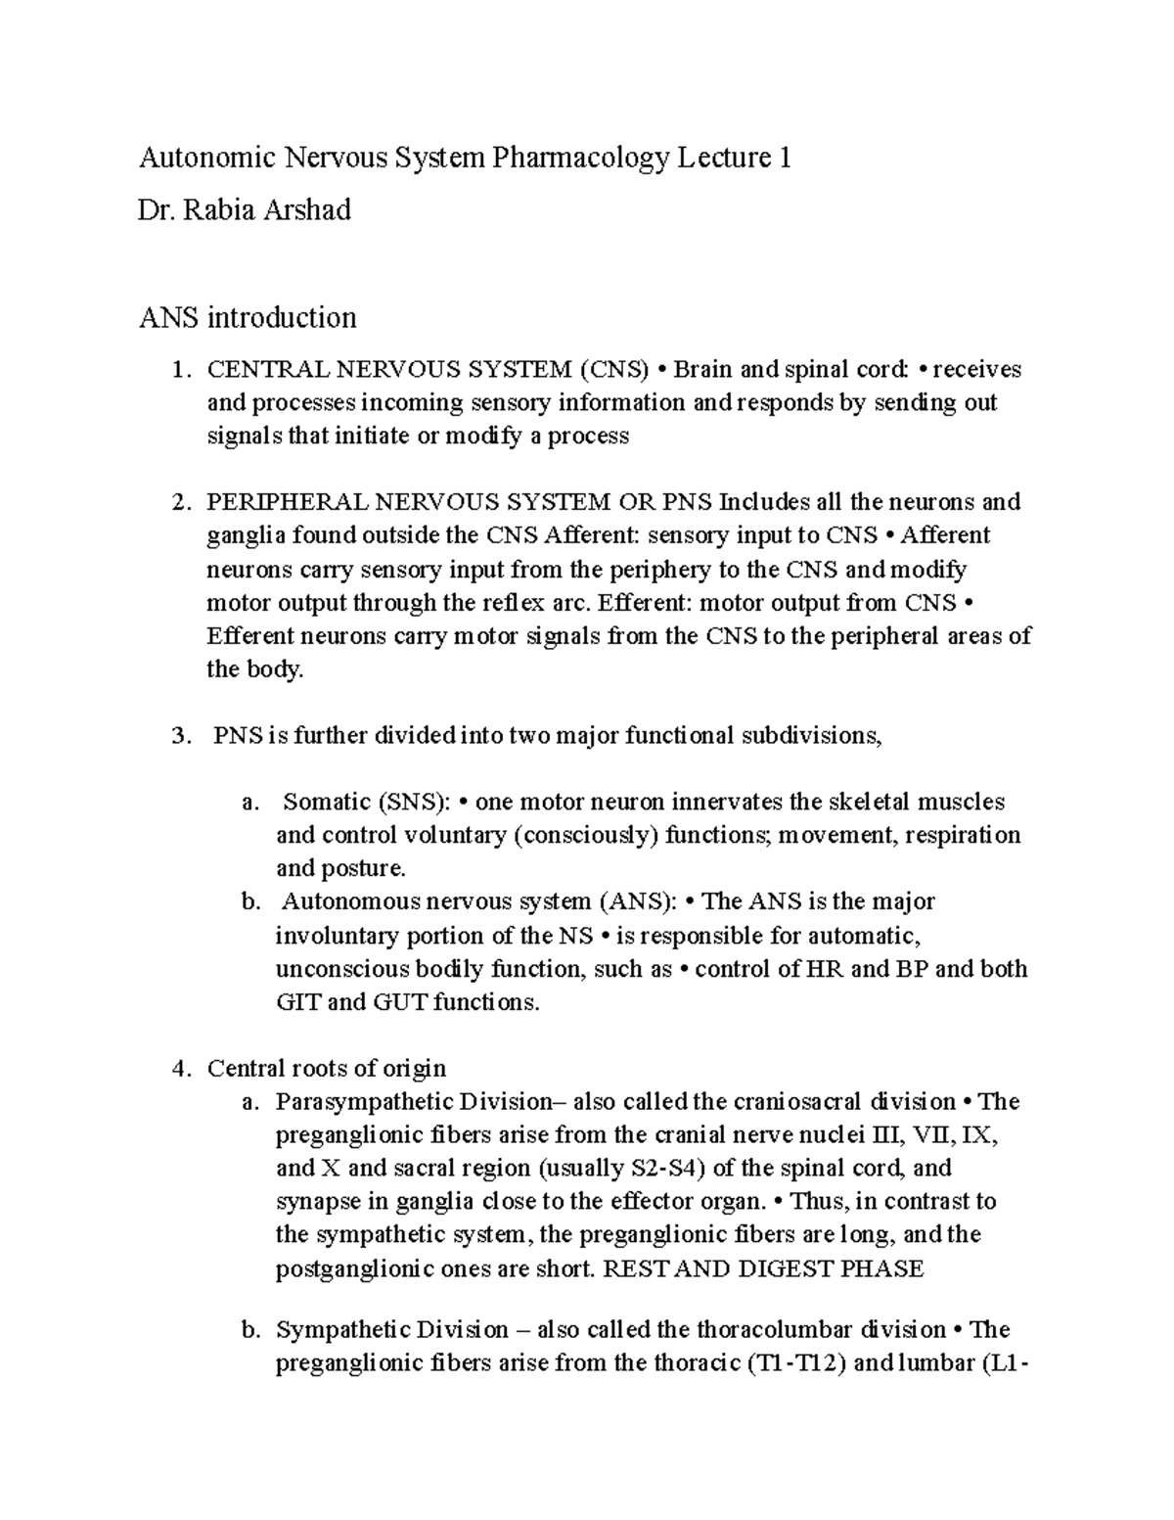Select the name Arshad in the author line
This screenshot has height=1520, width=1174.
(302, 209)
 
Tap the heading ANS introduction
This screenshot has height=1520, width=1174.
(248, 317)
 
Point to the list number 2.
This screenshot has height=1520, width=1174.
(178, 502)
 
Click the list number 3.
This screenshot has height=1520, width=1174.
(178, 736)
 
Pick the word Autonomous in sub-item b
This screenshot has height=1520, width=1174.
(341, 901)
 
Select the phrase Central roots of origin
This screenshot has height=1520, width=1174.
(326, 1068)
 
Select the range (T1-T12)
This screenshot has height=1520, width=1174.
(800, 1363)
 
